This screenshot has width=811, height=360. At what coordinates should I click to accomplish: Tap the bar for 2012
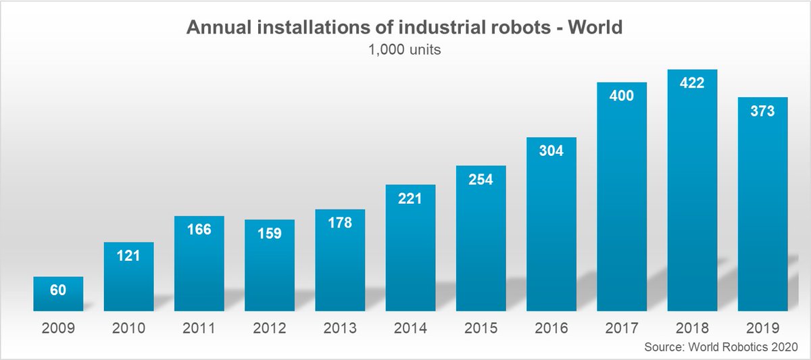tap(270, 270)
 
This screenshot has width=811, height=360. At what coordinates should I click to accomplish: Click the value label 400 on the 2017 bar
tap(622, 96)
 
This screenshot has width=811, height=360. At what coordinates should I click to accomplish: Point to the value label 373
tap(762, 111)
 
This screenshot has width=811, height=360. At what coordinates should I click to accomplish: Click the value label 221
tap(410, 199)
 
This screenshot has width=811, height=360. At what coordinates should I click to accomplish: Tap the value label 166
tap(199, 230)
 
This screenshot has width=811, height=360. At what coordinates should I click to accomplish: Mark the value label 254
tap(481, 180)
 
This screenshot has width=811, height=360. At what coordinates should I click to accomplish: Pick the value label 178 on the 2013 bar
tap(340, 223)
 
